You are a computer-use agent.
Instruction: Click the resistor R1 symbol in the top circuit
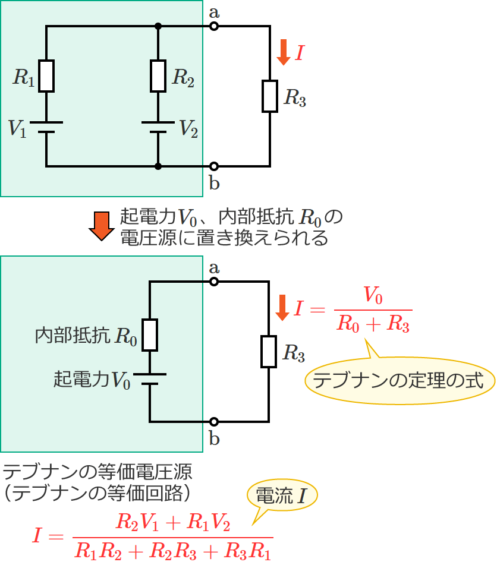tap(46, 76)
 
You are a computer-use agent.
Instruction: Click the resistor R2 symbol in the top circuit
tap(158, 76)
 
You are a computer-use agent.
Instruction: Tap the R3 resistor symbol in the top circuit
tap(270, 96)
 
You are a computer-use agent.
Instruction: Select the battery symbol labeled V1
tap(46, 128)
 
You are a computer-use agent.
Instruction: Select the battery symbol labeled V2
tap(158, 128)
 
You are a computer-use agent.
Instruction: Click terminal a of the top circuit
tap(214, 26)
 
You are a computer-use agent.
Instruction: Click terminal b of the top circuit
tap(214, 166)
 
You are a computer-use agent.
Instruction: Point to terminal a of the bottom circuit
tap(214, 282)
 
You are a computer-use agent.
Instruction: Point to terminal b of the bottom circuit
tap(214, 422)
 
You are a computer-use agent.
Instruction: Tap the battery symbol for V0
tap(150, 379)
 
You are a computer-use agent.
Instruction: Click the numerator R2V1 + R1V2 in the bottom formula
tap(172, 523)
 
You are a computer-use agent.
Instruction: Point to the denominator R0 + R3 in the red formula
tap(373, 324)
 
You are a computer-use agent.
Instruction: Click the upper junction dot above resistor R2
tap(158, 26)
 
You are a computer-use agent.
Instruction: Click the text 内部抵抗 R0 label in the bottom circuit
tap(87, 336)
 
